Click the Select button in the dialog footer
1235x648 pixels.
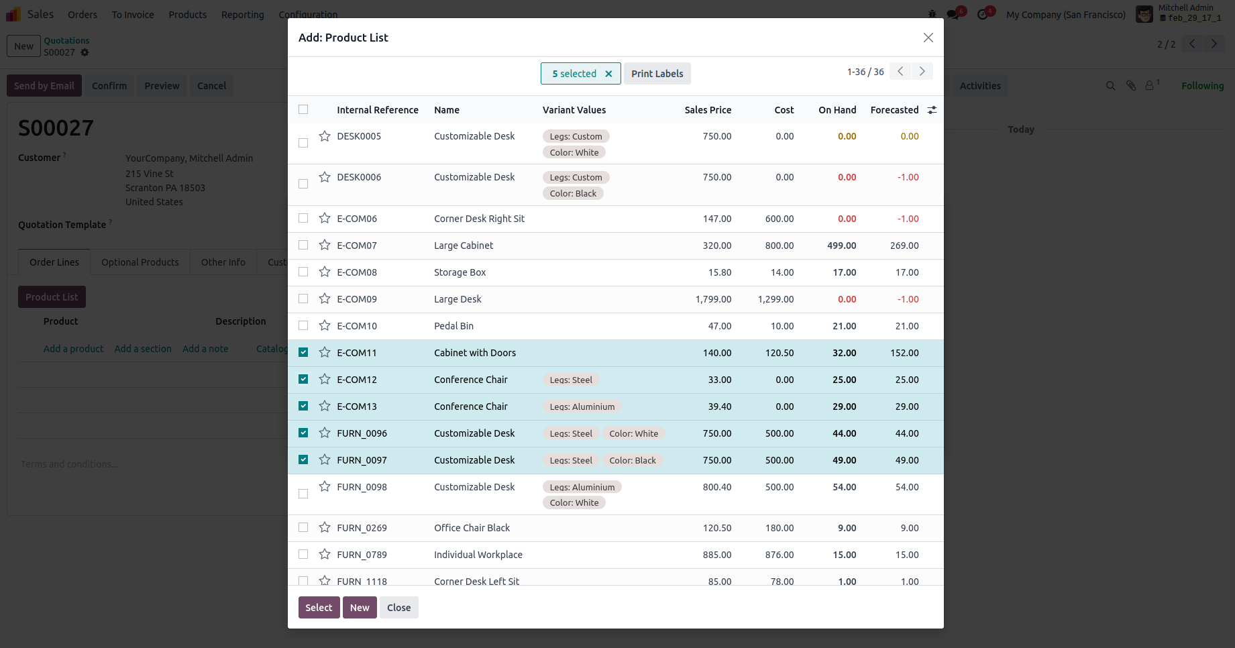tap(319, 608)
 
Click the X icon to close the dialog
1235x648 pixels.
tap(928, 38)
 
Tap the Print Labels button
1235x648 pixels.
tap(657, 74)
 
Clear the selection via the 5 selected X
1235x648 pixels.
tap(608, 74)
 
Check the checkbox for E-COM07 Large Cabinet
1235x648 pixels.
tap(303, 246)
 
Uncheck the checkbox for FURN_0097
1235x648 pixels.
tap(303, 460)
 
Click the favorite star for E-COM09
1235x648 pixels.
tap(325, 299)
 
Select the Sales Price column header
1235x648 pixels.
tap(708, 110)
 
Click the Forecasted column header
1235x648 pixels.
tap(894, 110)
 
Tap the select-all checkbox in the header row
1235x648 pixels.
tap(303, 110)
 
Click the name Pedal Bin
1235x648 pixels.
tap(453, 326)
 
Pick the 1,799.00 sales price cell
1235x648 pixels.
tap(713, 299)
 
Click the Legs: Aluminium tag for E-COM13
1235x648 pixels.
tap(582, 407)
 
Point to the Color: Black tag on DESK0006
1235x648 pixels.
tap(573, 194)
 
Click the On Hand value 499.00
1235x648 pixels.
tap(841, 246)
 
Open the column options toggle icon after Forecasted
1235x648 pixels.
tap(932, 110)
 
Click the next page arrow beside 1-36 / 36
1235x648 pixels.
tap(922, 72)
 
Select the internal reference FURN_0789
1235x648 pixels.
tap(362, 555)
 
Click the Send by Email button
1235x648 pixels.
tap(44, 86)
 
